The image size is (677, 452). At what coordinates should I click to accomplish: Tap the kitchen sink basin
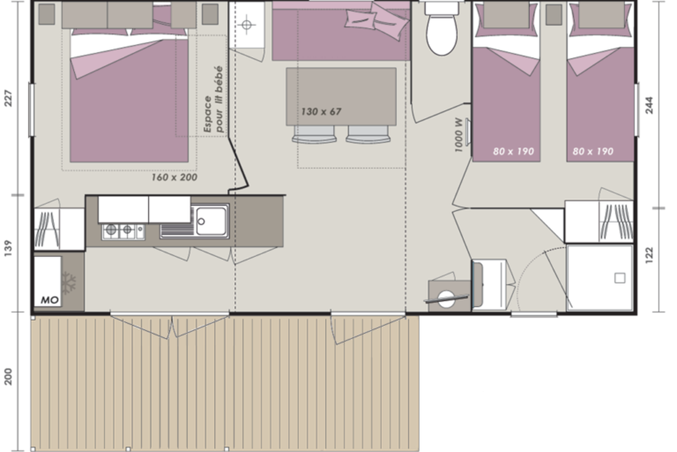click(x=211, y=221)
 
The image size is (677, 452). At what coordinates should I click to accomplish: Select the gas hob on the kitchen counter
click(x=123, y=232)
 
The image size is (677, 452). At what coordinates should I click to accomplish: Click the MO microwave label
click(x=50, y=300)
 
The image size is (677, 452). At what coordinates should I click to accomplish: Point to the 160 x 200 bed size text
click(x=174, y=177)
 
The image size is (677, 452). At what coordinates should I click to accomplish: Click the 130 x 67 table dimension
click(x=321, y=112)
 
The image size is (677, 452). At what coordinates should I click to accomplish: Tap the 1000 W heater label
click(x=459, y=135)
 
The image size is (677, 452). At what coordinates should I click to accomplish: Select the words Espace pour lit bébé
click(x=213, y=99)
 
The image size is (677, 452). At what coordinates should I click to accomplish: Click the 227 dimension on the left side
click(x=8, y=98)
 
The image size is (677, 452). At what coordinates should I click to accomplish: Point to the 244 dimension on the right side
click(x=649, y=105)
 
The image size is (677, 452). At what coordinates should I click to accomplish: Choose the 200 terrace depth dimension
click(x=8, y=377)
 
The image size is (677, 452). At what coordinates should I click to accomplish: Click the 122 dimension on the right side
click(x=649, y=255)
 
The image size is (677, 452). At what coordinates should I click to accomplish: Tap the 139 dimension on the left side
click(x=8, y=248)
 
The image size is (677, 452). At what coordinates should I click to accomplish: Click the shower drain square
click(x=620, y=278)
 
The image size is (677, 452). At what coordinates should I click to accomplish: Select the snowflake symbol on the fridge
click(x=69, y=283)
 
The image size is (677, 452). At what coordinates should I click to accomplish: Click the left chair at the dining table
click(x=314, y=134)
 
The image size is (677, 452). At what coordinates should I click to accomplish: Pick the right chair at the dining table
click(x=368, y=134)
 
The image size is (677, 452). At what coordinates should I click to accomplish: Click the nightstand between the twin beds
click(x=553, y=15)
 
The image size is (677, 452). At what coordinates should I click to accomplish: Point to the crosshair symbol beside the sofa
click(x=247, y=25)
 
